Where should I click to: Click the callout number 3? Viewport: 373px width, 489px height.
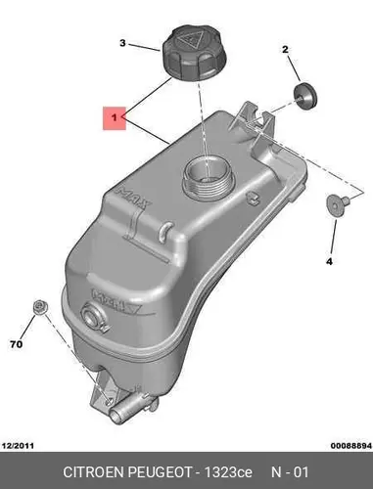(x=122, y=43)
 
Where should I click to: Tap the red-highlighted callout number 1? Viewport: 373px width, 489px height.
(x=115, y=117)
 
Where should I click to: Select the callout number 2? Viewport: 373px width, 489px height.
(x=285, y=50)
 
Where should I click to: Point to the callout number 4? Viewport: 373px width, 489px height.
(x=329, y=261)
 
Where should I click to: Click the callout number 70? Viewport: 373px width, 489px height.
(x=17, y=344)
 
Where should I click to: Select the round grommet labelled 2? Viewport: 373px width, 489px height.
(x=305, y=96)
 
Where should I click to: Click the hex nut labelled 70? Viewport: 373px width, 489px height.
(x=40, y=307)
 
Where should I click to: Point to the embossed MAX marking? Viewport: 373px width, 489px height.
(x=134, y=199)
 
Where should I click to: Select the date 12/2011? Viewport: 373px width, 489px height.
(x=19, y=446)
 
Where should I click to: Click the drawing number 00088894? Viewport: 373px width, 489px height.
(x=351, y=446)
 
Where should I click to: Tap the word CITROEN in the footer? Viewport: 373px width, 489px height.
(x=93, y=472)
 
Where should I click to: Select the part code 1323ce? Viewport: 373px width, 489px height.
(x=228, y=472)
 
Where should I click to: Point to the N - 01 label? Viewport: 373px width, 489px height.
(x=290, y=472)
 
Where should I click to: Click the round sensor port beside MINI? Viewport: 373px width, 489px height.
(x=91, y=314)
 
